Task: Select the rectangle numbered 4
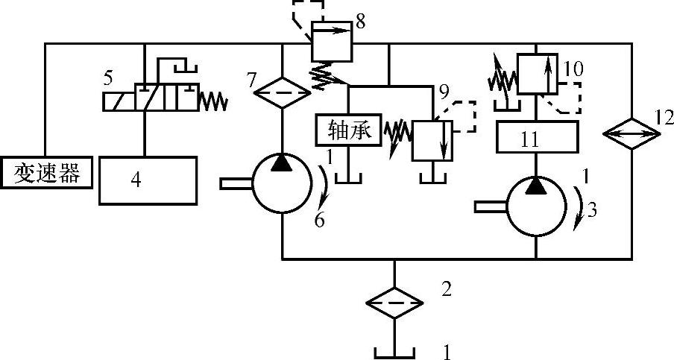(x=148, y=180)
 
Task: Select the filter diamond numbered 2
(x=394, y=303)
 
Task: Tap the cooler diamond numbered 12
(x=632, y=134)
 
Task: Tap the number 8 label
(x=360, y=21)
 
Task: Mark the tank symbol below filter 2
(x=394, y=349)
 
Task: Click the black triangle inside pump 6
(x=282, y=165)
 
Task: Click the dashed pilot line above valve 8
(x=308, y=9)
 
